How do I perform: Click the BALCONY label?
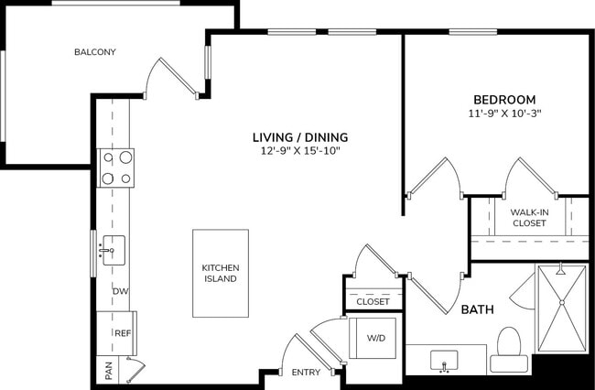tap(95, 52)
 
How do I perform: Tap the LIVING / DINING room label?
tap(300, 137)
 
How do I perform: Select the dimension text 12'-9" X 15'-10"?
tap(300, 151)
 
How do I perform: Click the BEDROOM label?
tap(504, 100)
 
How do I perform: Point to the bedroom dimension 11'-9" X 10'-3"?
tap(504, 114)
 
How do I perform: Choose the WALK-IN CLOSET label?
tap(529, 217)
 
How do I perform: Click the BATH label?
tap(477, 309)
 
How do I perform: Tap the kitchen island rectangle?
tap(221, 273)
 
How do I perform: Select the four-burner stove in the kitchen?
tap(116, 168)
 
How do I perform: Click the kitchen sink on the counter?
tap(114, 250)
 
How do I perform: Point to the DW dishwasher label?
tap(119, 292)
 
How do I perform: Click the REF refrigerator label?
tap(121, 333)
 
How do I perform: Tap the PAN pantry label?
tap(108, 371)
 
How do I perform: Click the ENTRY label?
tap(306, 373)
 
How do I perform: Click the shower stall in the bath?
tap(560, 309)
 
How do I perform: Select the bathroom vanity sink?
tap(446, 359)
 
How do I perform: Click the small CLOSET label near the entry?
tap(373, 301)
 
